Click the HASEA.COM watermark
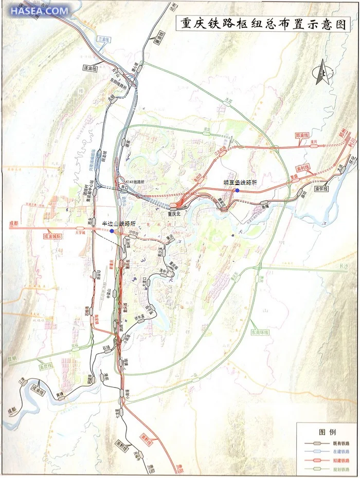39,10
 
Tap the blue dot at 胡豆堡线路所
237,191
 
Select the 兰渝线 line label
104,39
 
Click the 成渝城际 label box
53,237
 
